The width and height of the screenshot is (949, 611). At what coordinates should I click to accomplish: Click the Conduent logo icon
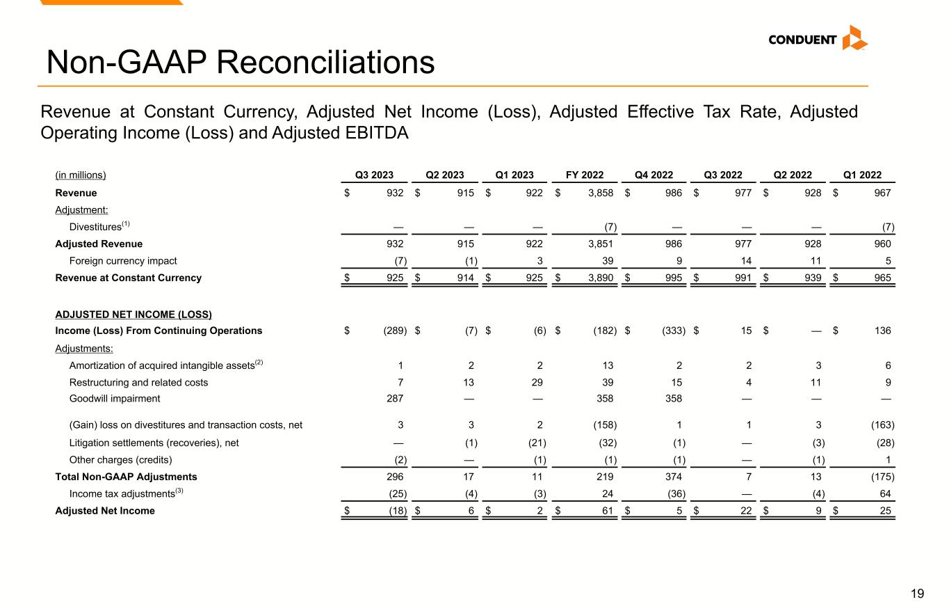pyautogui.click(x=854, y=38)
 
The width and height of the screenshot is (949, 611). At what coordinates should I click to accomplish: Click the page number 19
pyautogui.click(x=918, y=594)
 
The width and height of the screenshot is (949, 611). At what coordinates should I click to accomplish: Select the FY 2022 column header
pyautogui.click(x=584, y=175)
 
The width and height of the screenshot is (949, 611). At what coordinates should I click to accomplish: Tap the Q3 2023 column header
pyautogui.click(x=375, y=175)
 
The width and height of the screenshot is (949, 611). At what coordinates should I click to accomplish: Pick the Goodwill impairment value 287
pyautogui.click(x=395, y=399)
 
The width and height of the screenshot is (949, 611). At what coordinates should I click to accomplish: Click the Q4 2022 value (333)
pyautogui.click(x=672, y=331)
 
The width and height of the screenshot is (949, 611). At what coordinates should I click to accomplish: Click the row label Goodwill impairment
pyautogui.click(x=115, y=399)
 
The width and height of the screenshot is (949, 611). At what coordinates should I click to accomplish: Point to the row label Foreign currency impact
pyautogui.click(x=123, y=261)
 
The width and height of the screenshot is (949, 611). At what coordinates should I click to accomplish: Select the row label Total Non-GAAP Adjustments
pyautogui.click(x=126, y=477)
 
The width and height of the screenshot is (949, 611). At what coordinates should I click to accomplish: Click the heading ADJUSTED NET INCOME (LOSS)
pyautogui.click(x=133, y=315)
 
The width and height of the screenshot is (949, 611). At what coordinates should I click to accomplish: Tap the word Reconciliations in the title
pyautogui.click(x=325, y=63)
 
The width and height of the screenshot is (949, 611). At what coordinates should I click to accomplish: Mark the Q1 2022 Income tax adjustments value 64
pyautogui.click(x=885, y=493)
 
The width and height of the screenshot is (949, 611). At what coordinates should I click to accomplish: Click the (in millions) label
pyautogui.click(x=81, y=175)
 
